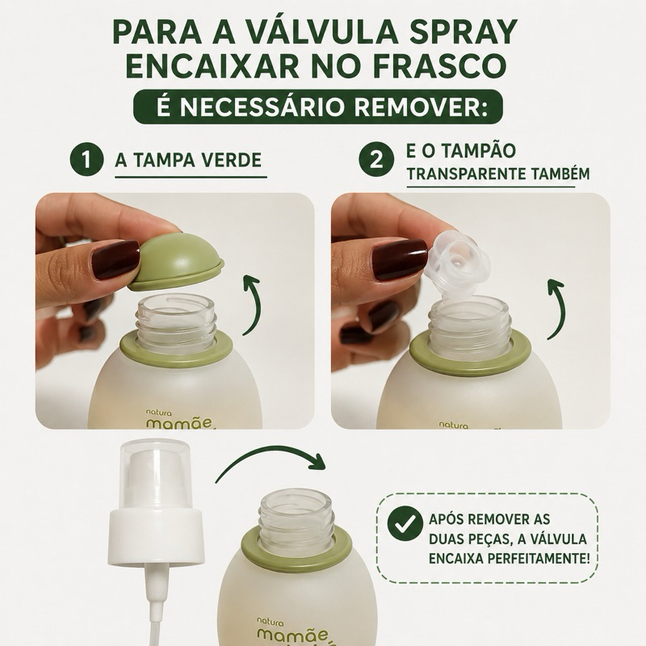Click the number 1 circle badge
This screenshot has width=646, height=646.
coord(86,160)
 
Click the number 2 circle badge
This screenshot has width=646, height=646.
coord(375,160)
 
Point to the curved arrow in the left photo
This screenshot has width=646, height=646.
coord(251,305)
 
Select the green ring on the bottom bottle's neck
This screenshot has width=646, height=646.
coord(296,549)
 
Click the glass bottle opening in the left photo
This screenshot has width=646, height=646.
coord(175,307)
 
